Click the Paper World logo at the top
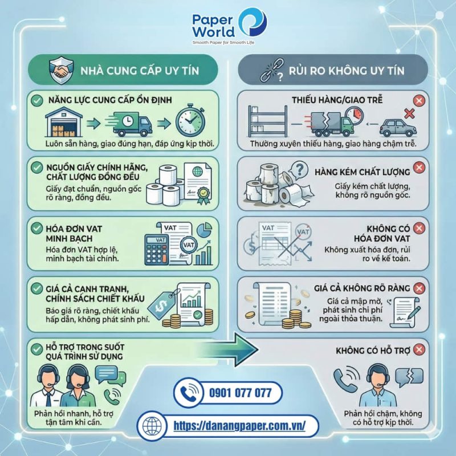point(229,26)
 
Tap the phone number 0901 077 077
point(240,393)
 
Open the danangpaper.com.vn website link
point(239,426)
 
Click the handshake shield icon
point(61,70)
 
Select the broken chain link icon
point(272,70)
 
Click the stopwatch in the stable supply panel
point(190,120)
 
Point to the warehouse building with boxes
point(64,122)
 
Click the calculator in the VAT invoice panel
point(156,250)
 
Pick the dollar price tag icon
point(162,304)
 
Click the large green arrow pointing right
point(225,349)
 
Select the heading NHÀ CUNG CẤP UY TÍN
point(140,71)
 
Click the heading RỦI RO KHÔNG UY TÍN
point(347,71)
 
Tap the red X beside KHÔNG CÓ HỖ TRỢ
point(419,349)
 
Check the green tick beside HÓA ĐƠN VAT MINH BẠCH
point(37,229)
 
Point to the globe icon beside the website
point(152,426)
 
